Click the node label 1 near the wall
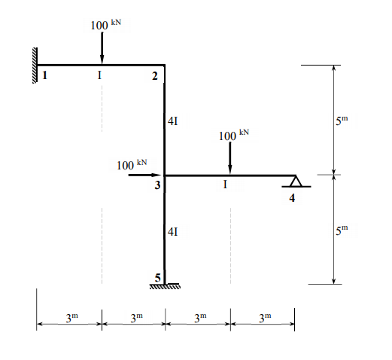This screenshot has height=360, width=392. click(x=44, y=75)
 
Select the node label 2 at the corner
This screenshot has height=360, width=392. click(x=154, y=76)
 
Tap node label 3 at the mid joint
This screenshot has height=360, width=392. click(x=157, y=185)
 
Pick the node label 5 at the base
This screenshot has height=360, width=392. click(x=157, y=277)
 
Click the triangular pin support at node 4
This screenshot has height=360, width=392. click(x=295, y=181)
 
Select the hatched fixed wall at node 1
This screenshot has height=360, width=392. click(x=35, y=65)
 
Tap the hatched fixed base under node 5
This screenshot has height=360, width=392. click(x=166, y=286)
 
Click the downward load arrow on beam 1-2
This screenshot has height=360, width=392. click(x=102, y=49)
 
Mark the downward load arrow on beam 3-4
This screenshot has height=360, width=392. click(x=230, y=158)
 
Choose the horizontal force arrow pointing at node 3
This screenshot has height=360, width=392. click(x=143, y=175)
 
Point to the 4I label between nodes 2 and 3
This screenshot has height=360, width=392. click(x=172, y=120)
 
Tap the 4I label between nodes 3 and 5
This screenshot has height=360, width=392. click(x=172, y=232)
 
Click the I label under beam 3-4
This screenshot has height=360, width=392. click(x=225, y=185)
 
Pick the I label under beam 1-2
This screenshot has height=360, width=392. click(x=99, y=75)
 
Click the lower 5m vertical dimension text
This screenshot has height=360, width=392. click(x=342, y=229)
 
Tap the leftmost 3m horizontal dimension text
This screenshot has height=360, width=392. click(x=68, y=318)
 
